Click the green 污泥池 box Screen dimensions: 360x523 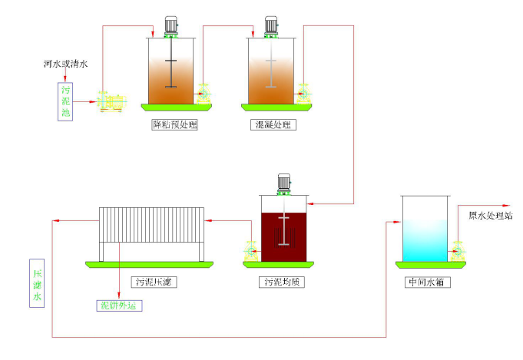66,102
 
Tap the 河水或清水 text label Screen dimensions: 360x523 66,64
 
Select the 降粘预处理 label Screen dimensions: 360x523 174,124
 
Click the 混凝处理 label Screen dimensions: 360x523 273,124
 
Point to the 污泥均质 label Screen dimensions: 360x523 283,282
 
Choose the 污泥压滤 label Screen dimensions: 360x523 155,282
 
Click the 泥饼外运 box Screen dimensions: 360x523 120,305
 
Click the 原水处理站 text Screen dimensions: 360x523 490,216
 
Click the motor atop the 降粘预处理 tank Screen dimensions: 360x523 170,25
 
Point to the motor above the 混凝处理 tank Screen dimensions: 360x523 270,25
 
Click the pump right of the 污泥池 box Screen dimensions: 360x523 113,101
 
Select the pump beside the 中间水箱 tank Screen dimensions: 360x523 458,249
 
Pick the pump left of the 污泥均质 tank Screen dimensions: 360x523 251,249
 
